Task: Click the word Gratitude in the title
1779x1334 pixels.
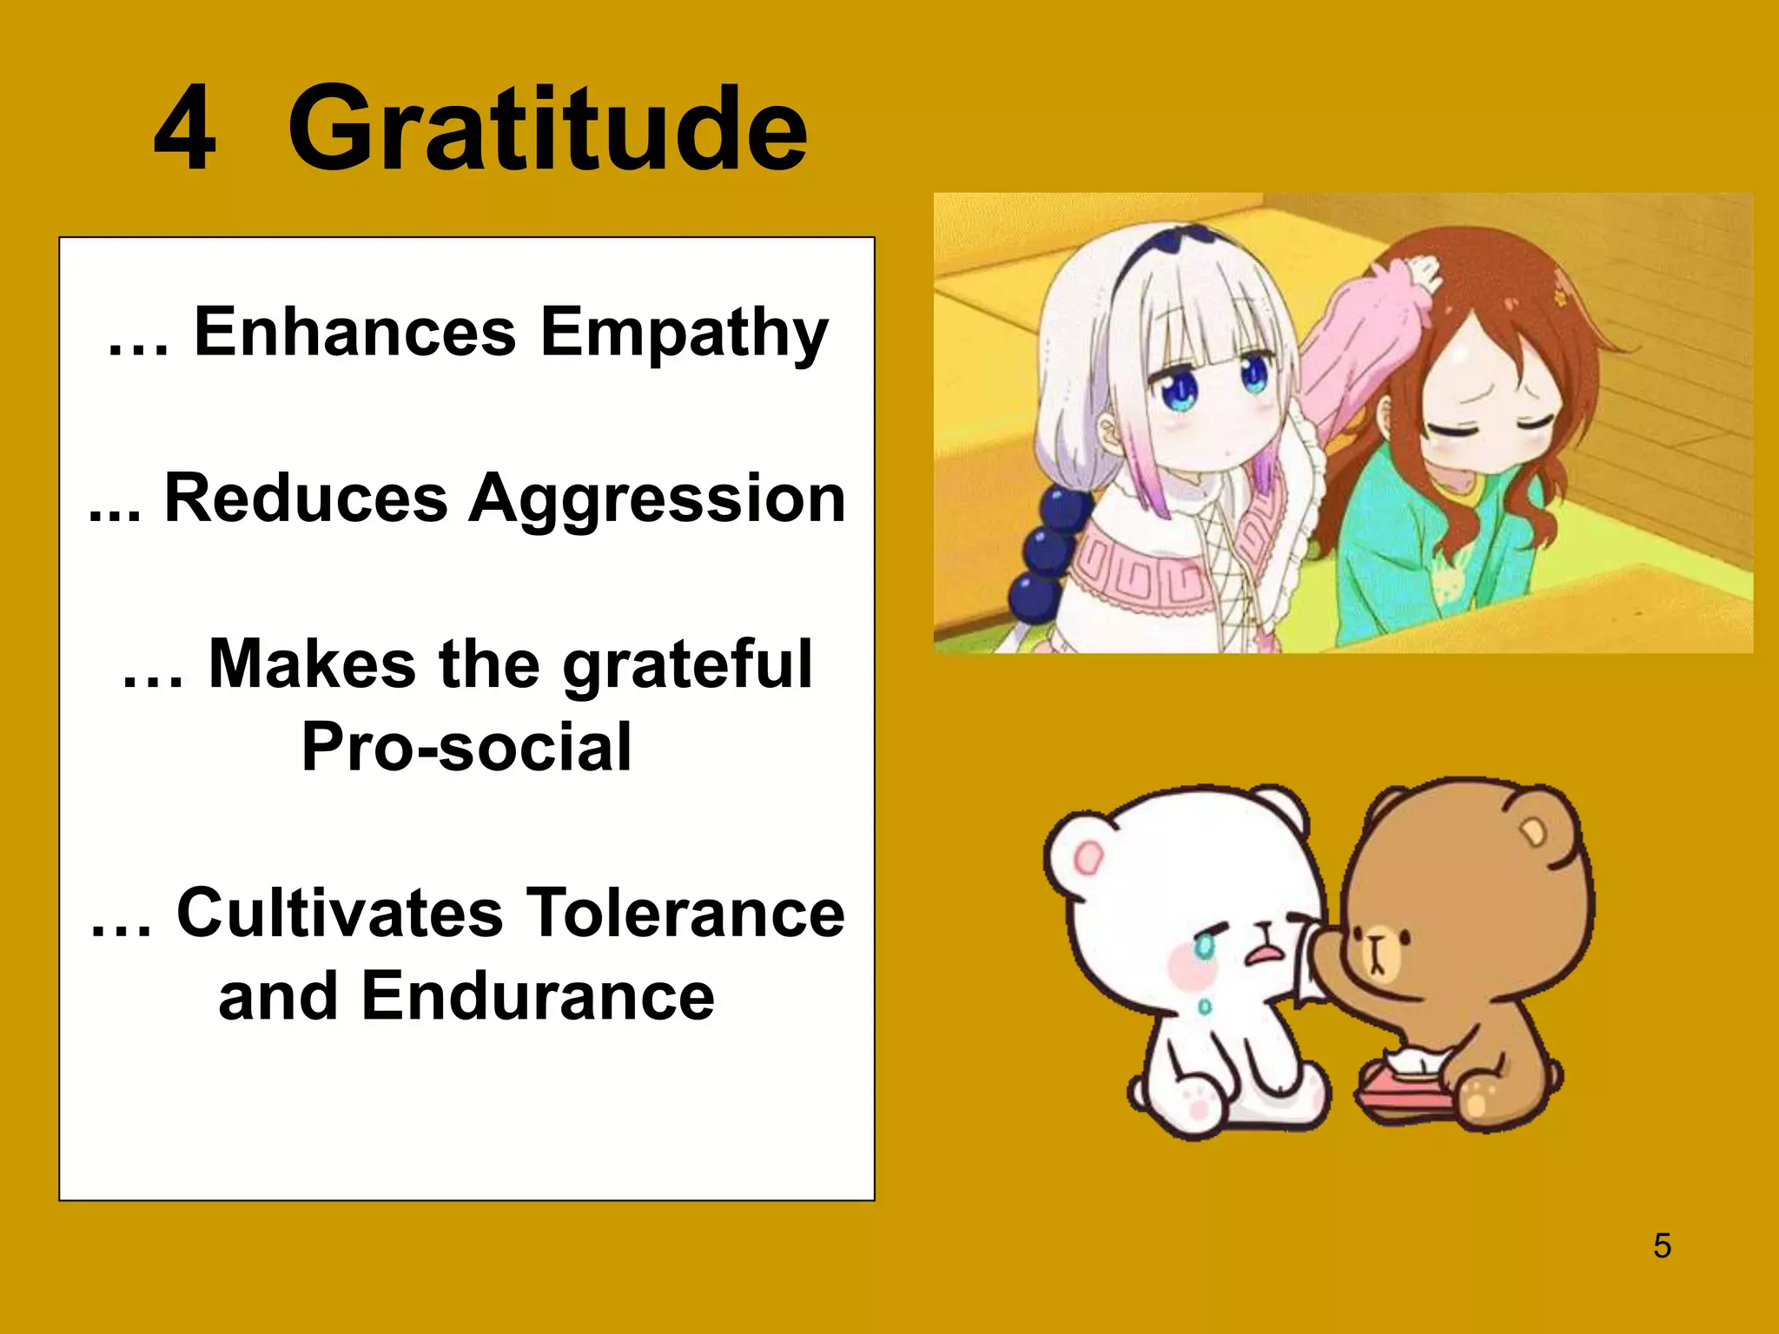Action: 547,130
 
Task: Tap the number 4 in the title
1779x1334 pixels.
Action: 184,130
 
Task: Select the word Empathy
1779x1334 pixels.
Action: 684,333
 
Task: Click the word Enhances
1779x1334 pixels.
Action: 354,332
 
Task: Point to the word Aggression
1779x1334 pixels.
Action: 657,500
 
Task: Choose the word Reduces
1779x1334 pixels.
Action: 306,499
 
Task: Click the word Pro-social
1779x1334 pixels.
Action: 466,747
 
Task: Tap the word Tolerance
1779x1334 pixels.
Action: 686,914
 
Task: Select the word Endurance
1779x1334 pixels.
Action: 538,997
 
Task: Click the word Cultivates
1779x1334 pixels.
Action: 340,914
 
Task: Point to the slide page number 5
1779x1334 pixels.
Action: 1662,1245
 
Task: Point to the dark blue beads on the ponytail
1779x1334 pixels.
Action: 1047,551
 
